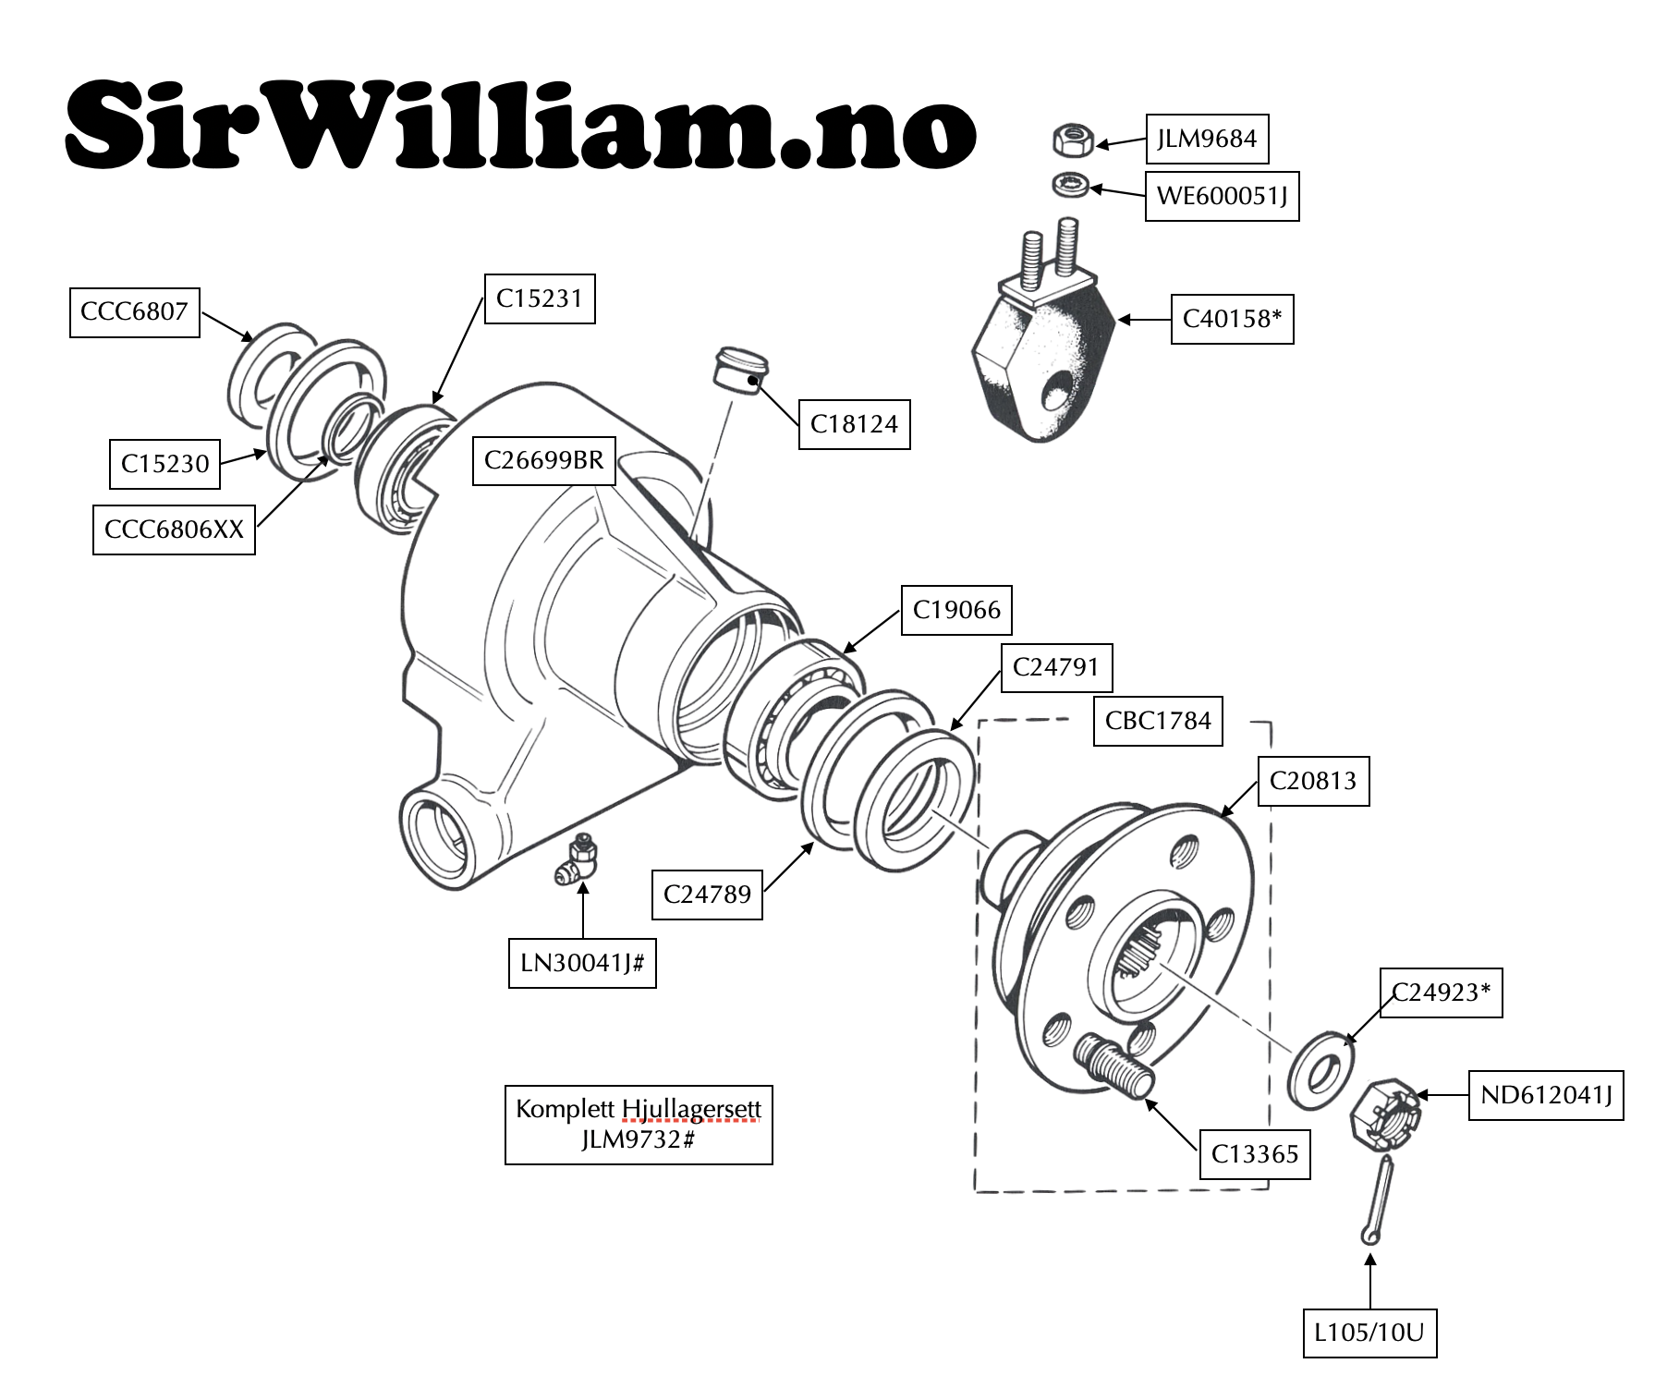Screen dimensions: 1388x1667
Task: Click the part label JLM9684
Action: pos(1207,140)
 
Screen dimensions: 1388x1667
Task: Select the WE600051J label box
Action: pos(1222,196)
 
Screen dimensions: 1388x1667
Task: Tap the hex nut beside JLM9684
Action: pos(1073,140)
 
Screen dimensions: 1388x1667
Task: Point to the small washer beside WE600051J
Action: pos(1070,184)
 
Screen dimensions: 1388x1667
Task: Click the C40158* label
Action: pos(1232,319)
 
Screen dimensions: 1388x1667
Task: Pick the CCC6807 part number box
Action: pos(135,311)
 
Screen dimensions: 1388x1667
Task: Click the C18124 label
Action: pos(854,424)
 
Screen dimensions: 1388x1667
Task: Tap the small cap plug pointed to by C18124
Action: pos(741,370)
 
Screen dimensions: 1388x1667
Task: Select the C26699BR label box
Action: pos(543,460)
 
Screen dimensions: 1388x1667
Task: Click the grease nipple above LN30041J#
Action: pos(578,861)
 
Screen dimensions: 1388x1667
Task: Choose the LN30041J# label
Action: pos(582,963)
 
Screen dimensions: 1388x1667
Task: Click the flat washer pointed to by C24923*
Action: pos(1321,1070)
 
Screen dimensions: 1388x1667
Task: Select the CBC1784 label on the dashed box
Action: pos(1158,721)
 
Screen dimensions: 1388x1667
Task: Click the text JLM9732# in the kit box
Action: pos(638,1139)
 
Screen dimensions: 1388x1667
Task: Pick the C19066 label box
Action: pos(956,610)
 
